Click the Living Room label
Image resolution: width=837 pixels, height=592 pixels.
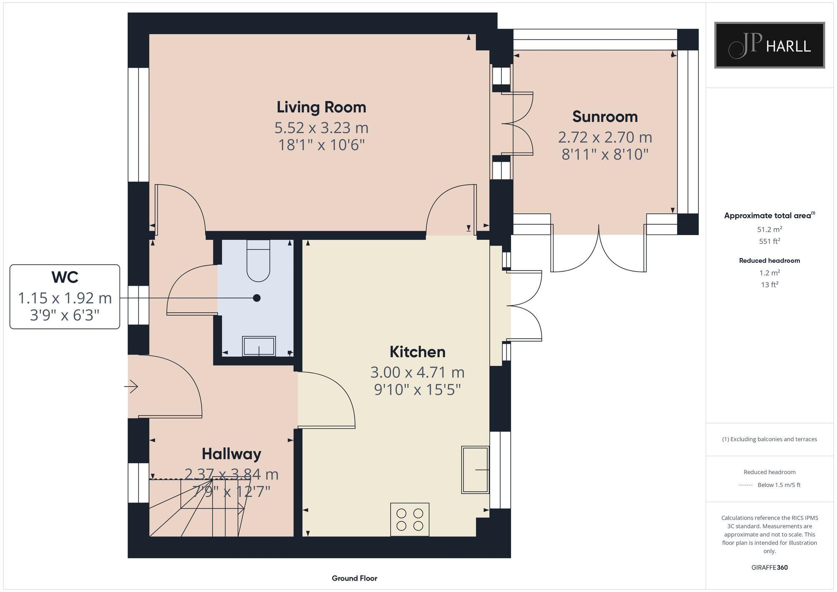(x=321, y=107)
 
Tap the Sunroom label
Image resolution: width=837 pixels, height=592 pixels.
(x=605, y=117)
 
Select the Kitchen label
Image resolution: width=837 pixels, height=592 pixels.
(x=417, y=352)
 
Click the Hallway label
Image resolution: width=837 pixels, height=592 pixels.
(x=231, y=454)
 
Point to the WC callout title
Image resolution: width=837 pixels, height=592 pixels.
(x=64, y=277)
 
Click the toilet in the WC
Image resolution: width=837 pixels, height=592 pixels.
(x=258, y=261)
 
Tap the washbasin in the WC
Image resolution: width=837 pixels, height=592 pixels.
(x=259, y=346)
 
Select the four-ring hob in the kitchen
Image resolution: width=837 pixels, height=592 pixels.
(x=410, y=519)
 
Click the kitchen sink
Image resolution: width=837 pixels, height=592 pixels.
(x=475, y=469)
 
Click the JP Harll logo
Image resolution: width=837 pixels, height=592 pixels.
(x=769, y=45)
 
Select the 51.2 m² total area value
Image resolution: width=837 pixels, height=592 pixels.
(x=769, y=229)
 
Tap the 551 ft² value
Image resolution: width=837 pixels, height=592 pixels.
(x=769, y=241)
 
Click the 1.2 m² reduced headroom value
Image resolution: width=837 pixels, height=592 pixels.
(x=769, y=273)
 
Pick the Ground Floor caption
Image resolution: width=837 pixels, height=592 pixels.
(x=354, y=578)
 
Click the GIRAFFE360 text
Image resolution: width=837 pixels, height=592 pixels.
(x=769, y=568)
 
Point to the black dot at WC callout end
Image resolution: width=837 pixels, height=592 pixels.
(x=257, y=298)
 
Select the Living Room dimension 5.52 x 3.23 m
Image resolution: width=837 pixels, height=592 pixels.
(x=321, y=128)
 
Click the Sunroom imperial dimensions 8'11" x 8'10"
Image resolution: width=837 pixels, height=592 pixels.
(x=605, y=154)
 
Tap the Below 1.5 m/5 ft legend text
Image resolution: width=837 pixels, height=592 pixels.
(x=779, y=485)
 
